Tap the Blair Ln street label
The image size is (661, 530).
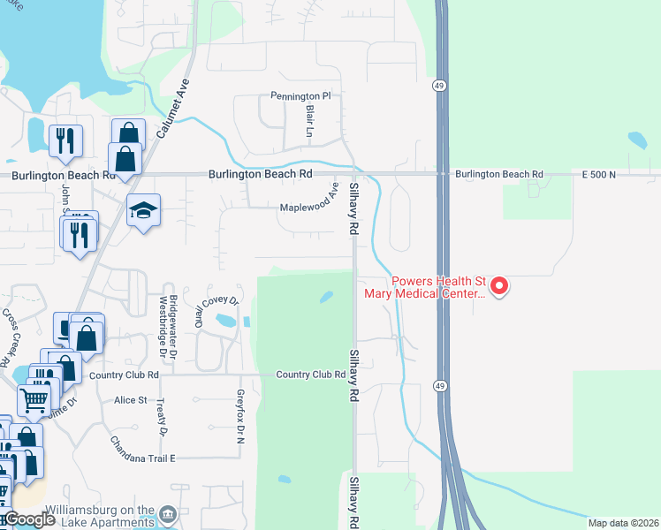tap(309, 123)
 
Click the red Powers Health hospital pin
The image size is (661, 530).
tap(499, 285)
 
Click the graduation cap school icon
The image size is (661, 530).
tap(143, 210)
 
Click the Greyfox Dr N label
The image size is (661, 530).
tap(239, 416)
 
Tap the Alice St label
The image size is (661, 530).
tap(131, 400)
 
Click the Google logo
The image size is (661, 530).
tap(29, 519)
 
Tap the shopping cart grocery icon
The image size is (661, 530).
tap(34, 400)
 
